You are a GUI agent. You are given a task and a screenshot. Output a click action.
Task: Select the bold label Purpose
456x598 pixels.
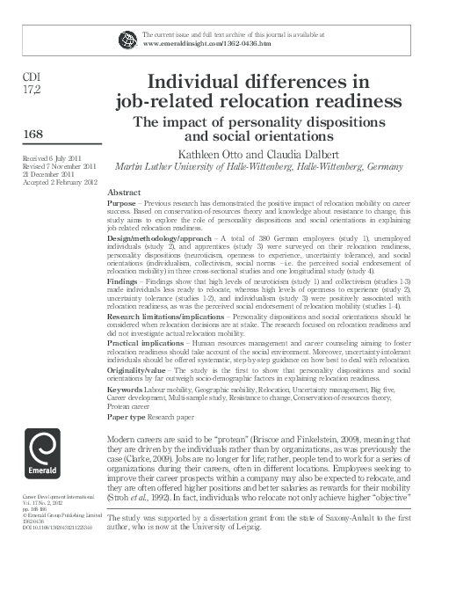[x=122, y=202]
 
